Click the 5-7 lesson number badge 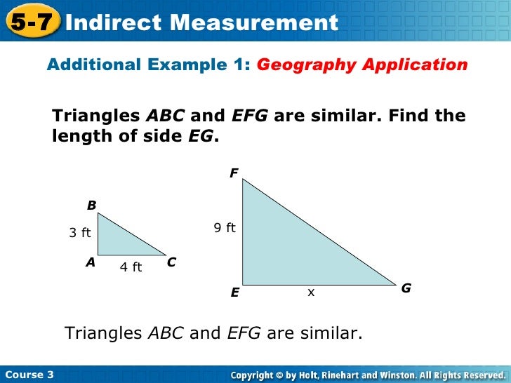coord(32,21)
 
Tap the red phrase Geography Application coord(362,65)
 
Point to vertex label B coord(91,206)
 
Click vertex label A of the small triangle coord(91,262)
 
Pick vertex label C coord(171,262)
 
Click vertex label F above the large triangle coord(234,173)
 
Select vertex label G coord(406,288)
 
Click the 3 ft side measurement coord(79,233)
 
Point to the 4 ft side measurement coord(131,267)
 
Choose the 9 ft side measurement coord(225,227)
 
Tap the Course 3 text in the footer coord(29,375)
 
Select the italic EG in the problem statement coord(201,137)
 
